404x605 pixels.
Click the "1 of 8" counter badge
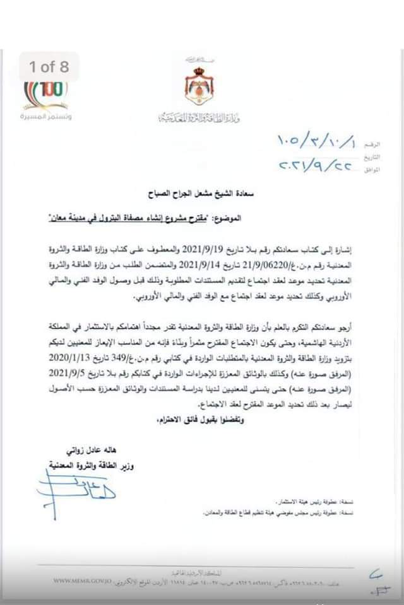(x=49, y=66)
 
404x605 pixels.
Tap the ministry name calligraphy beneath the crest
(x=199, y=118)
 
